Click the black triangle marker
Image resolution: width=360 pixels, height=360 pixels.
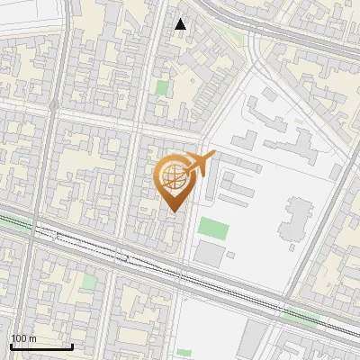[181, 24]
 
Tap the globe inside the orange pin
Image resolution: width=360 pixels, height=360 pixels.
[174, 177]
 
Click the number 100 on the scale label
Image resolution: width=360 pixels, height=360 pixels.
[19, 338]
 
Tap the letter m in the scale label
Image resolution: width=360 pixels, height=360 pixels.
[33, 338]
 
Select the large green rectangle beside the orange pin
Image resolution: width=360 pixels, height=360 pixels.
[211, 228]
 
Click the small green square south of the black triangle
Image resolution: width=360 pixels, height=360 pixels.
[161, 88]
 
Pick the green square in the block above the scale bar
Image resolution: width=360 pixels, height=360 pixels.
[89, 281]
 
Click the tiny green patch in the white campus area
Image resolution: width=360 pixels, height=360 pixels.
[300, 121]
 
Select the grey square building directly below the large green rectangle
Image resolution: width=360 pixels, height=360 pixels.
[210, 254]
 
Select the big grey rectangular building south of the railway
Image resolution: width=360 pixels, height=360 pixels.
[254, 339]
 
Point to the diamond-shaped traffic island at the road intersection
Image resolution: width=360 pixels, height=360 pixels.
[53, 106]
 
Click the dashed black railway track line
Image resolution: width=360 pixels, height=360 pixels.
[135, 260]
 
